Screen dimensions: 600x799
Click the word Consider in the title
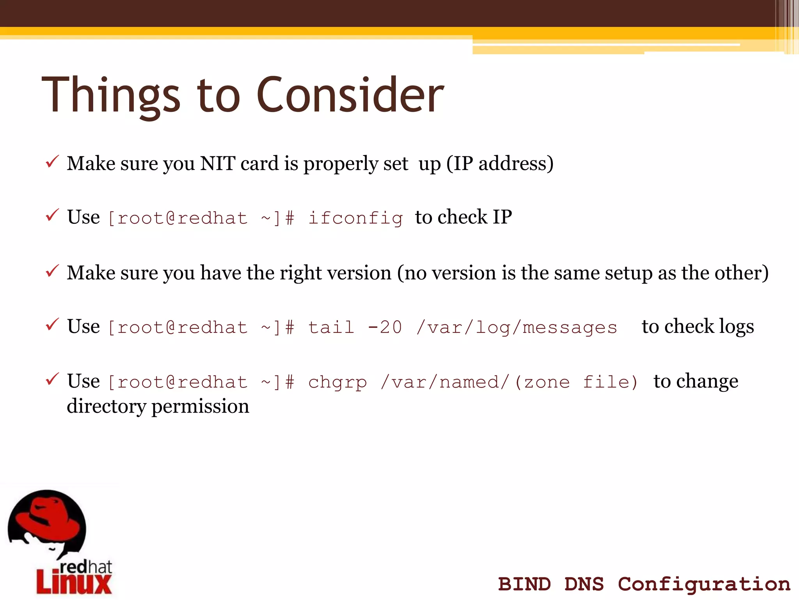[350, 95]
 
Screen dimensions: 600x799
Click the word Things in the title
[111, 95]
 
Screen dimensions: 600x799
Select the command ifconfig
[355, 218]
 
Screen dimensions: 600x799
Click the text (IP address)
[500, 163]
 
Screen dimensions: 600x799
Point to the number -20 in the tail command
[385, 327]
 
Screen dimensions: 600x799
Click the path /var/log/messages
[517, 327]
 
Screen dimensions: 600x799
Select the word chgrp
[337, 382]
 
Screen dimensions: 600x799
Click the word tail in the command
[331, 327]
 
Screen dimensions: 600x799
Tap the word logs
[736, 327]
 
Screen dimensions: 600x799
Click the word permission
[200, 406]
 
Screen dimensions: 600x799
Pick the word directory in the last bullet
[106, 406]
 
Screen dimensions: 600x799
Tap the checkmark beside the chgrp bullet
[52, 379]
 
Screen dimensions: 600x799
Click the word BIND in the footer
[524, 584]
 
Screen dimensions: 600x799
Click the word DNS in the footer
[584, 584]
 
